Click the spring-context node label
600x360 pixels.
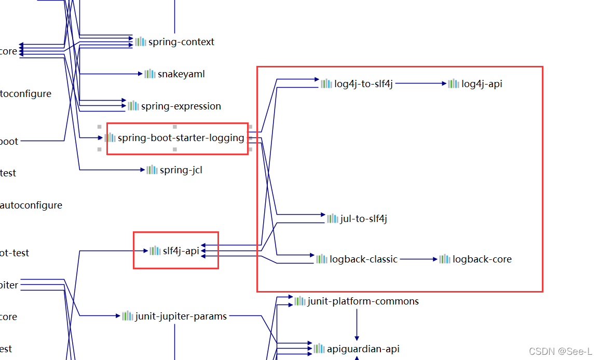pyautogui.click(x=181, y=42)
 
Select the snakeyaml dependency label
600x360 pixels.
pyautogui.click(x=181, y=74)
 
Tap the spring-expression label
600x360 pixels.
pyautogui.click(x=181, y=106)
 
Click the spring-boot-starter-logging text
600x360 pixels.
pyautogui.click(x=181, y=138)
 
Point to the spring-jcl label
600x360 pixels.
pyautogui.click(x=181, y=170)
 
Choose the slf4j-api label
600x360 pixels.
pyautogui.click(x=181, y=251)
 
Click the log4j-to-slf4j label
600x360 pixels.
pyautogui.click(x=363, y=84)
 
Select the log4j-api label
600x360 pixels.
pyautogui.click(x=482, y=84)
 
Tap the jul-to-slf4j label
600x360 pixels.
pyautogui.click(x=363, y=219)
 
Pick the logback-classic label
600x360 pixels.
pyautogui.click(x=363, y=259)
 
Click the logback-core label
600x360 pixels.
pyautogui.click(x=482, y=259)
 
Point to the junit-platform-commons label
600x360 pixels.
pyautogui.click(x=363, y=301)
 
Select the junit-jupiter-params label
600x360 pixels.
pyautogui.click(x=181, y=316)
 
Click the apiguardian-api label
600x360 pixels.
pyautogui.click(x=363, y=349)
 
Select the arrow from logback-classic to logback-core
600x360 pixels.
pyautogui.click(x=418, y=259)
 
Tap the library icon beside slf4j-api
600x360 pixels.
pyautogui.click(x=155, y=251)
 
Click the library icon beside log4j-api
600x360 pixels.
pyautogui.click(x=454, y=84)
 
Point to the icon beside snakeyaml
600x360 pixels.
pyautogui.click(x=150, y=74)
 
